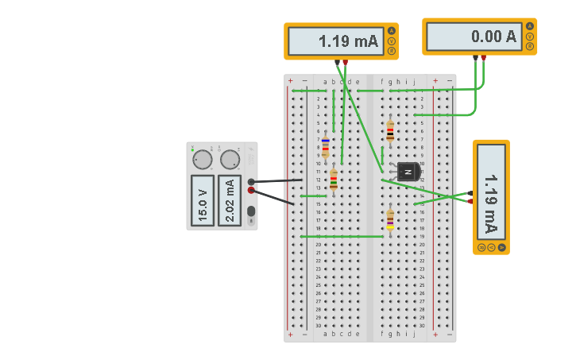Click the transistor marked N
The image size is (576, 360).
[408, 171]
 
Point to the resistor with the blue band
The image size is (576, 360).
[326, 145]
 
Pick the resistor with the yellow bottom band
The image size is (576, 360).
[390, 219]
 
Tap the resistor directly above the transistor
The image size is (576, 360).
[390, 131]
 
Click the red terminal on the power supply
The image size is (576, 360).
[251, 191]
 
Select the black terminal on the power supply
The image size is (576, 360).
[251, 182]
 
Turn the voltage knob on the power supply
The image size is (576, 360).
[203, 160]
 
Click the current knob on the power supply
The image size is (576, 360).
[230, 160]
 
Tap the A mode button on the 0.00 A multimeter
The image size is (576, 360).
[530, 27]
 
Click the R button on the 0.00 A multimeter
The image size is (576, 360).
[530, 46]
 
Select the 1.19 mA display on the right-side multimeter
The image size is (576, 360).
[491, 193]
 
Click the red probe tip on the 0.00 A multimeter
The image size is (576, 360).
[483, 57]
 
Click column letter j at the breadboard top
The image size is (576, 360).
[414, 81]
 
